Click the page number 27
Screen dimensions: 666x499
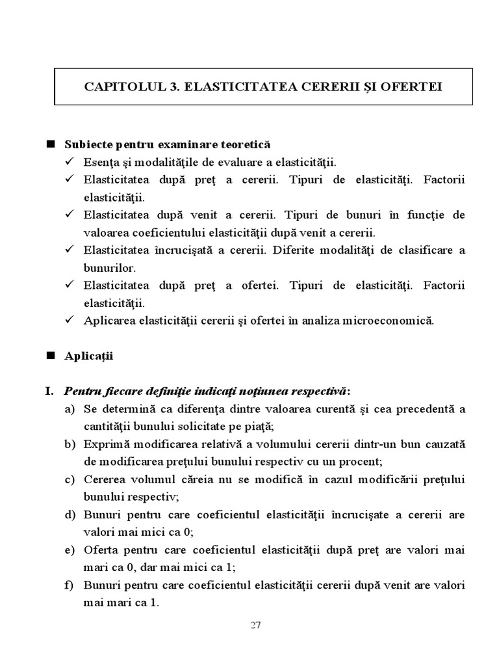[x=255, y=626]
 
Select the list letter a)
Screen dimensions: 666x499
[x=70, y=409]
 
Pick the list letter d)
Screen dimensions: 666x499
[x=70, y=514]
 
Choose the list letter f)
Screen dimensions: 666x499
[x=69, y=585]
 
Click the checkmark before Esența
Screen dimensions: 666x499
[x=70, y=161]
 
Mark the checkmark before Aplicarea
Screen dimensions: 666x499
[x=70, y=320]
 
